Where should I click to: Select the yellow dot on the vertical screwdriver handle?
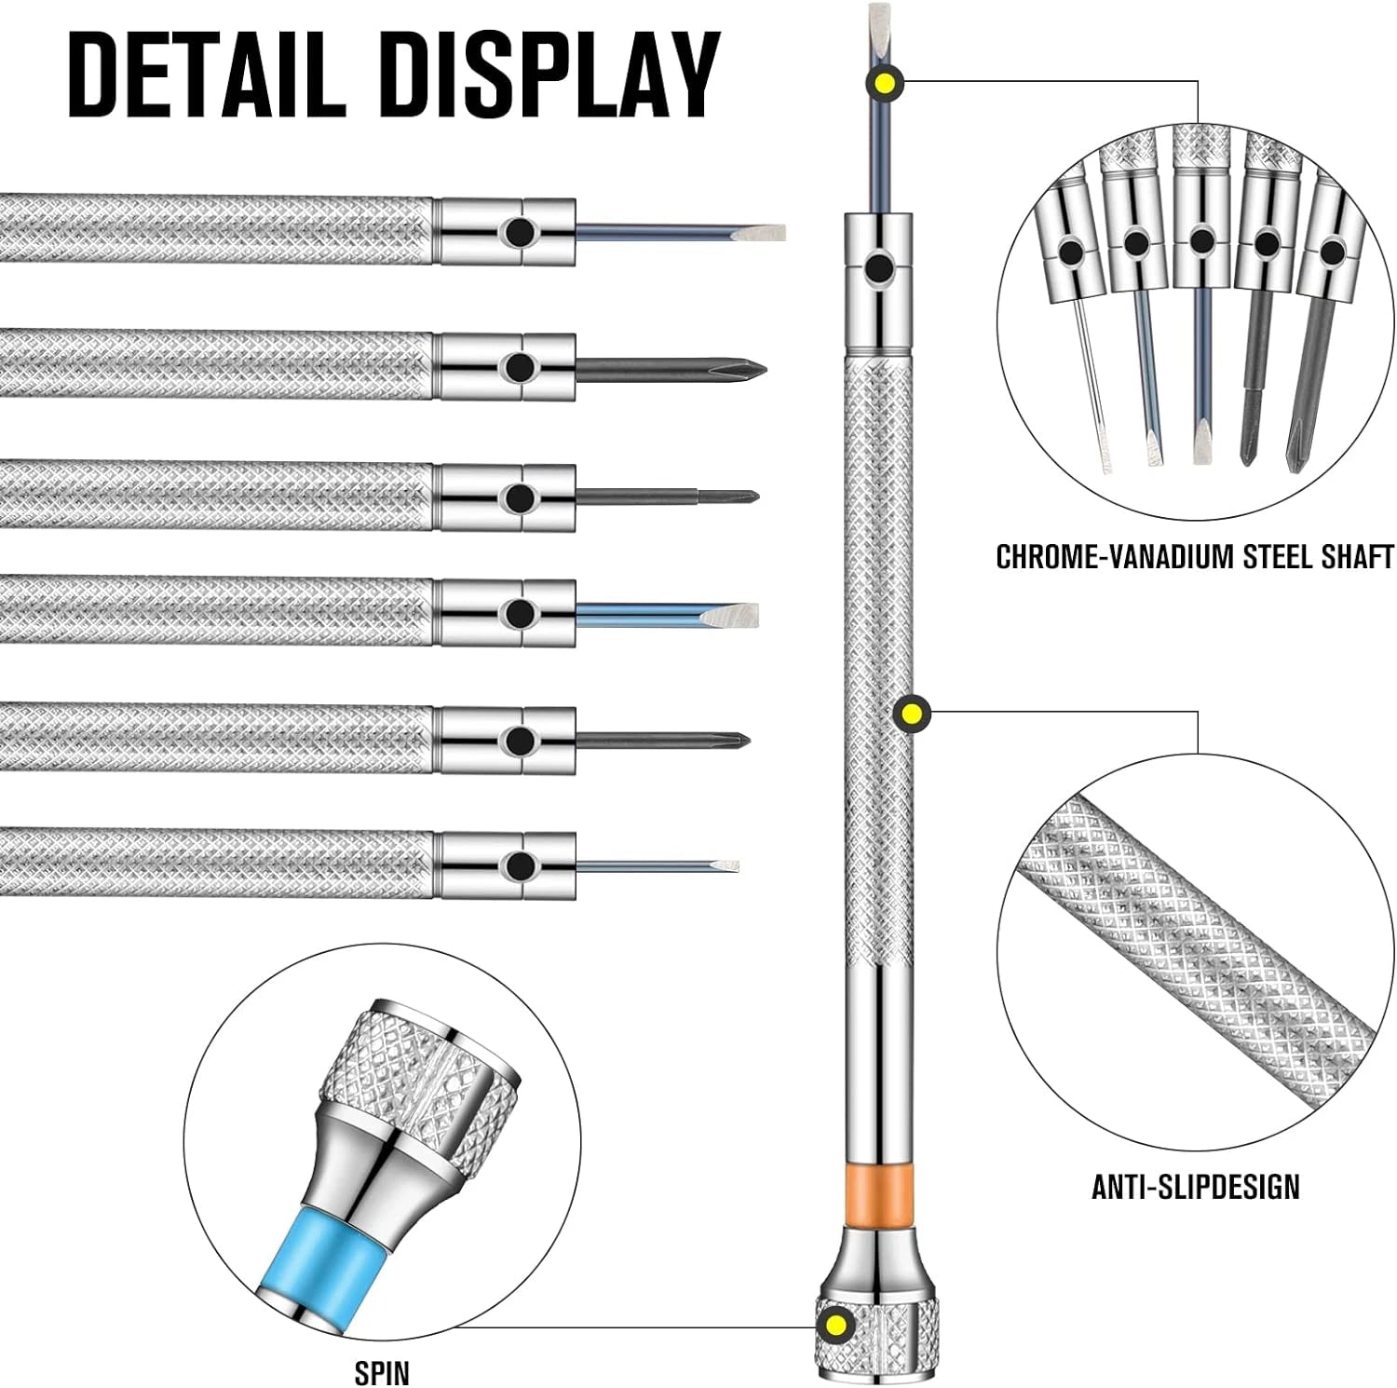click(911, 714)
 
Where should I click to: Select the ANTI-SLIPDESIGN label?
click(1195, 1186)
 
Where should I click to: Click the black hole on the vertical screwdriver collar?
click(877, 270)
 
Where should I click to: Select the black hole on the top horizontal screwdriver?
click(515, 232)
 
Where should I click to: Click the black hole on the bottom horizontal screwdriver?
click(515, 866)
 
